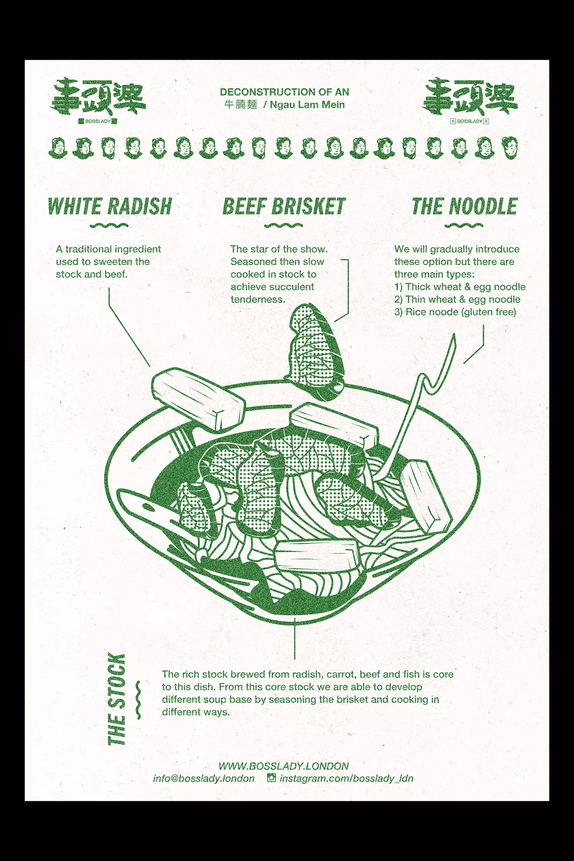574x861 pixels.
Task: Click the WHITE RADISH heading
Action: point(110,207)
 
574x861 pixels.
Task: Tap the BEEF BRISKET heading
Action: point(284,207)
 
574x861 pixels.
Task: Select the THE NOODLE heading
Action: point(465,207)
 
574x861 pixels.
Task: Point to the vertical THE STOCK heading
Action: point(117,700)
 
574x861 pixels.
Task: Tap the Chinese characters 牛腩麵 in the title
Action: point(241,104)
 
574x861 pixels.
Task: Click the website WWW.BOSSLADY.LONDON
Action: point(284,766)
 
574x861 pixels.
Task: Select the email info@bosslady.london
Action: point(204,779)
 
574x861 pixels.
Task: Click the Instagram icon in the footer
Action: point(271,778)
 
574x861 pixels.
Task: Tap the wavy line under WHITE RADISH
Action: point(109,225)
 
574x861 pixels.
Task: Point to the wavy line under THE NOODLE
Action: point(464,225)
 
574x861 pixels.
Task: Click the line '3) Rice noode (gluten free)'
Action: point(455,312)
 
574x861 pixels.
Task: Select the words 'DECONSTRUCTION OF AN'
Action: point(284,92)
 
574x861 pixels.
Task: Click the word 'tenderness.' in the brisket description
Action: point(258,300)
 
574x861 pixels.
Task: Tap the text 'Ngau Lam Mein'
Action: point(307,105)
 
